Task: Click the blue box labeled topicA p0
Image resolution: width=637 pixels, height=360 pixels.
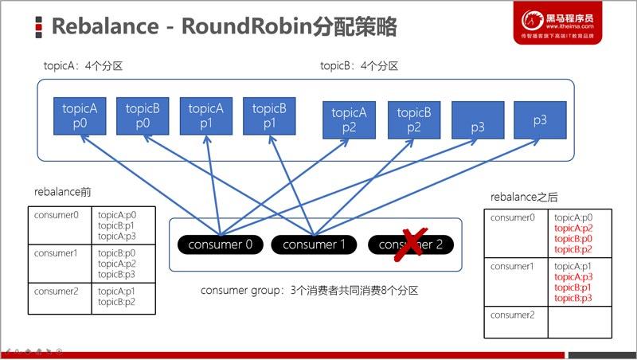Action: [x=80, y=117]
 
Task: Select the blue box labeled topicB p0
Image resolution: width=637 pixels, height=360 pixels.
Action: [x=143, y=117]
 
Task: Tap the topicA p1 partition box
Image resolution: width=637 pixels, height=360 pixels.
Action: [x=206, y=117]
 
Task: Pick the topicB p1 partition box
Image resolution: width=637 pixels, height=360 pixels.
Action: [x=269, y=117]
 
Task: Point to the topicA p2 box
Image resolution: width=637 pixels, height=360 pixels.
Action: [x=349, y=121]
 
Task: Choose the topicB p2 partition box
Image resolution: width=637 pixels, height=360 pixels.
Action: [x=413, y=121]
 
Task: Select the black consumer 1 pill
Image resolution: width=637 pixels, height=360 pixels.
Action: [x=315, y=245]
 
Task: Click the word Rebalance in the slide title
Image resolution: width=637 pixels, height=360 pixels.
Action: [x=103, y=26]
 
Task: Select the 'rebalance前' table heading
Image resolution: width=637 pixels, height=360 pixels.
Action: [x=63, y=193]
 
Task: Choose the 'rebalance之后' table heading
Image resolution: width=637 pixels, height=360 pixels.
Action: [x=523, y=197]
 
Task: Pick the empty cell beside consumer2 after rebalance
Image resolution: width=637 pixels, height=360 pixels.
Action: [x=588, y=321]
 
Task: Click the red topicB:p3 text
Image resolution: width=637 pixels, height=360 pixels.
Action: [x=573, y=298]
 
